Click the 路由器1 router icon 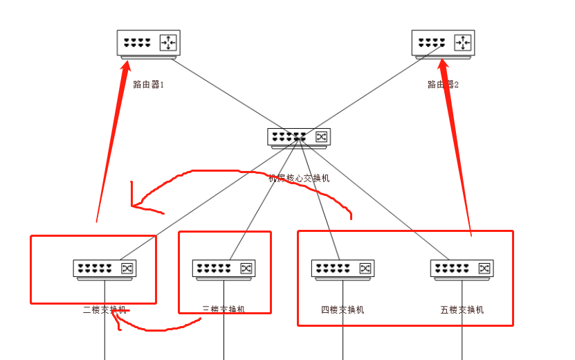(148, 43)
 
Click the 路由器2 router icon (443, 43)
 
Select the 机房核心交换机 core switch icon (299, 137)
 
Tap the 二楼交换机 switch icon (104, 269)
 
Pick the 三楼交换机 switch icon (223, 269)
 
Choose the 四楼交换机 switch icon (343, 269)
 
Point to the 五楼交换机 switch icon (462, 269)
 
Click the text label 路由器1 (149, 84)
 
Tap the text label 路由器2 (443, 84)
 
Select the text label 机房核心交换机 (299, 178)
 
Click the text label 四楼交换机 (343, 309)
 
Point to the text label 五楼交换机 (462, 309)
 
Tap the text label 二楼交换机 (104, 309)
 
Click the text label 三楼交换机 (223, 309)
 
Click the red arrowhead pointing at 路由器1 (125, 67)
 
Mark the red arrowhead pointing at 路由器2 (444, 66)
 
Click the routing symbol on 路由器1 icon (168, 43)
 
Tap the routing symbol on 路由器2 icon (463, 43)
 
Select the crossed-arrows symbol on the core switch (321, 136)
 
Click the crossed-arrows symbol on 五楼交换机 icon (484, 269)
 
